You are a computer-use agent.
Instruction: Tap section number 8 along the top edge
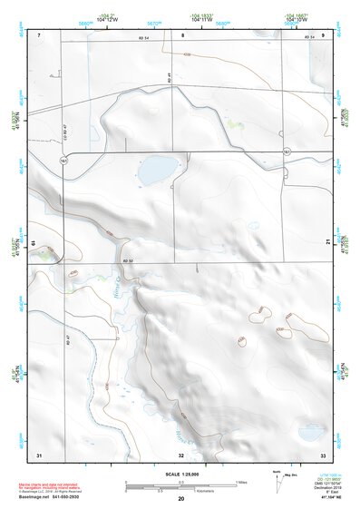181,34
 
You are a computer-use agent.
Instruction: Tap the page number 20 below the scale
180,499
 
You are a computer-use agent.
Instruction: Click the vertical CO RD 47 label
65,132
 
